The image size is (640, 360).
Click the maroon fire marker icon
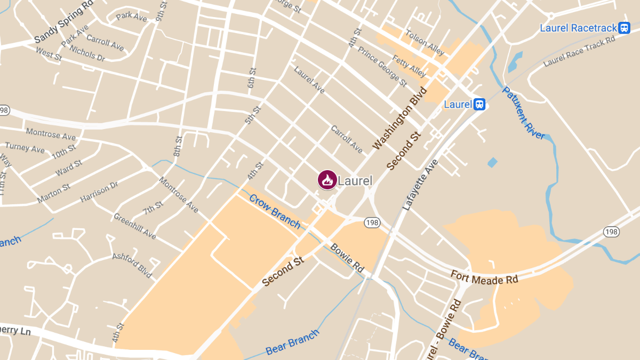click(x=327, y=180)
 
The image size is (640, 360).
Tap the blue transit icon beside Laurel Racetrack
click(x=625, y=28)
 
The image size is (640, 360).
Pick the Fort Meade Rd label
click(x=484, y=277)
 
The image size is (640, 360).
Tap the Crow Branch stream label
click(x=275, y=210)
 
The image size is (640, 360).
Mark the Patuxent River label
click(x=524, y=113)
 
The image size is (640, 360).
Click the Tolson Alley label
click(x=425, y=43)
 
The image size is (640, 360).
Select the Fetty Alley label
click(x=409, y=66)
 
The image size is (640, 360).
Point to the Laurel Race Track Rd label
click(x=579, y=51)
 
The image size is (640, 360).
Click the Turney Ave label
click(x=25, y=148)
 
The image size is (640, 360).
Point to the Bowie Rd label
click(x=347, y=258)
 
